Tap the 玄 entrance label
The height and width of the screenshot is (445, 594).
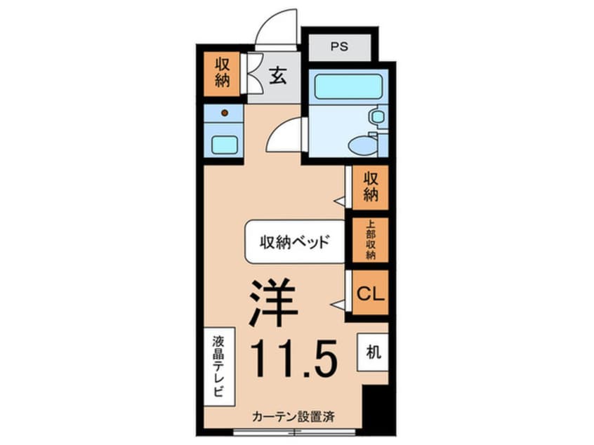click(279, 77)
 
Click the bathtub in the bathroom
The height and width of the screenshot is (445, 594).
click(348, 87)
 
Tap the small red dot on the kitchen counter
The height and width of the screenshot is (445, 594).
click(225, 112)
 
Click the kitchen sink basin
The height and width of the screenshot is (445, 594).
click(225, 145)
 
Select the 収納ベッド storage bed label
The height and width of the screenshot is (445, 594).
click(295, 243)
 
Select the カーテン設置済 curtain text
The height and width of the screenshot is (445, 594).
click(293, 416)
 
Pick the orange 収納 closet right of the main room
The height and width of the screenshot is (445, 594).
click(370, 187)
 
